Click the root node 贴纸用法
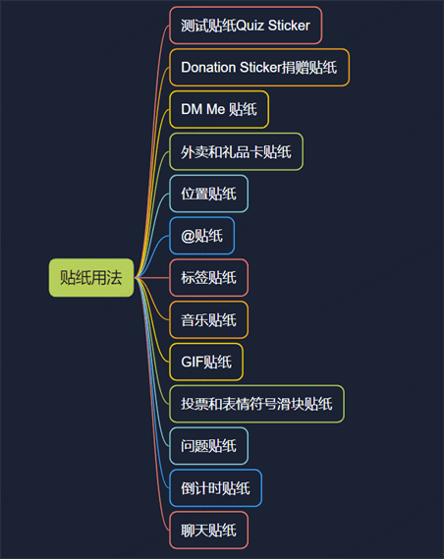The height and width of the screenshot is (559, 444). point(91,277)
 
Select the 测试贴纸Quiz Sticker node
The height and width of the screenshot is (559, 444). point(246,26)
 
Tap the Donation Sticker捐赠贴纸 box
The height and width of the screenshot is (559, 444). point(259,68)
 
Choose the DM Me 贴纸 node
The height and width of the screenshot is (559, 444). point(219,109)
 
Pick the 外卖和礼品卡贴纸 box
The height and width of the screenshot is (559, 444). point(236,151)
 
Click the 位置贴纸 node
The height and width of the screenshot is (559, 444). point(208,194)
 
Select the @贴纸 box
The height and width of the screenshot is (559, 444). point(201,236)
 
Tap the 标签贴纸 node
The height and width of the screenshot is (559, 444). point(208,278)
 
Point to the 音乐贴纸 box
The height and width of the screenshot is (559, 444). point(208,320)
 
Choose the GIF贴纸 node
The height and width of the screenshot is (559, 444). point(206,362)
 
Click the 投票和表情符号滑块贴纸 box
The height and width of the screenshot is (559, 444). point(256,404)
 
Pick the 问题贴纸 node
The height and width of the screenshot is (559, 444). point(208,446)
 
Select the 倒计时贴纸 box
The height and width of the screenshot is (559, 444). point(215,488)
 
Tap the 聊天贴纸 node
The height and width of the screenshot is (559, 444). point(208,531)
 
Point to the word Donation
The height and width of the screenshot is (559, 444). point(208,68)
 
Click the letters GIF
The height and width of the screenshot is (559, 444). point(193,362)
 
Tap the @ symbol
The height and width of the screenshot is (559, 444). point(188,236)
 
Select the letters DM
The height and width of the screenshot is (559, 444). point(192,109)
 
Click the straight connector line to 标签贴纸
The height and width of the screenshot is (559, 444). point(152,277)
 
